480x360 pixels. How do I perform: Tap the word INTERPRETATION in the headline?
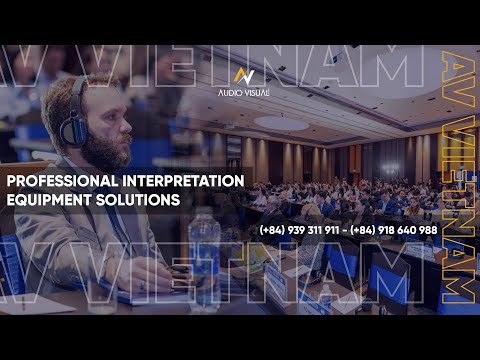181,181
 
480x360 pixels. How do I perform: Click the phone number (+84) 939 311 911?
299,230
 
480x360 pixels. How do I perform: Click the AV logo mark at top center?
243,75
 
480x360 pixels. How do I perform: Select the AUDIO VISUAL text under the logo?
243,91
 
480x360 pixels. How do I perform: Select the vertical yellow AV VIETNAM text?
456,180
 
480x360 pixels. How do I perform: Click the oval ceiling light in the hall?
281,123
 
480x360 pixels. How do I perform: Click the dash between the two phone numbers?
345,230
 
